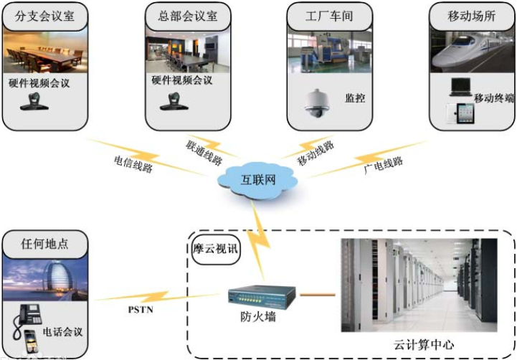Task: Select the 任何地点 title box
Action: coord(44,244)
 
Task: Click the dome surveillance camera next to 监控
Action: coord(316,102)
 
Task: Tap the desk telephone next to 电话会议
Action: coord(30,313)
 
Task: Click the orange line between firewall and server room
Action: coord(317,294)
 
